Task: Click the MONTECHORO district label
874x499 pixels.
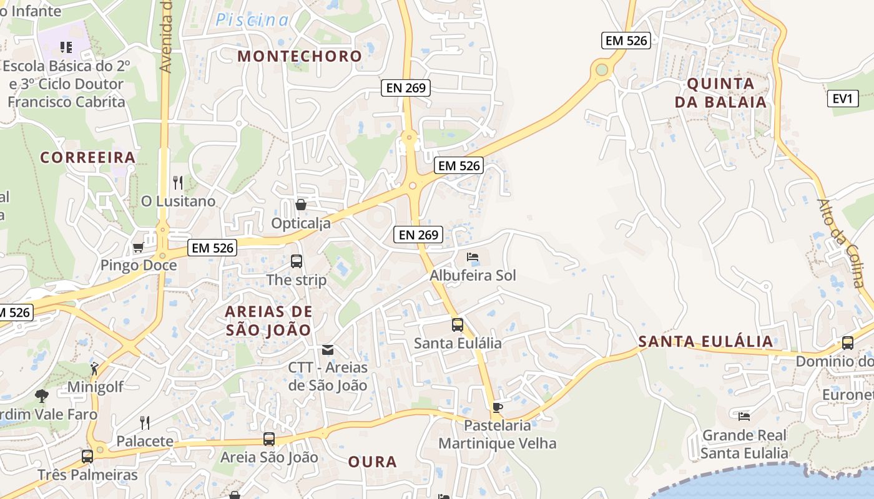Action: point(300,56)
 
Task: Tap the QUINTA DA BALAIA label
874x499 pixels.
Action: point(720,92)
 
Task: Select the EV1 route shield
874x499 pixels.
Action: point(843,99)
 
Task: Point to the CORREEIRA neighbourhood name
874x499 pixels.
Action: point(88,157)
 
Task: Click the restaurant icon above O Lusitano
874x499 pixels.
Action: point(178,182)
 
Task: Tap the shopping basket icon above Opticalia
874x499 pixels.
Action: point(301,204)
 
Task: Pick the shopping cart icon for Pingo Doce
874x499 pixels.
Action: point(138,248)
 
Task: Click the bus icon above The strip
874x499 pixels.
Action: point(297,261)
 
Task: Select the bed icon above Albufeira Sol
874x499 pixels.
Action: point(473,257)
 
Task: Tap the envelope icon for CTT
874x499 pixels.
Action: point(328,349)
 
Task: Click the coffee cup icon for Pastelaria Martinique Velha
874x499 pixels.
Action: point(497,407)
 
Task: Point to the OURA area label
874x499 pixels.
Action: point(372,462)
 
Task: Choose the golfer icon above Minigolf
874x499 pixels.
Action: point(95,368)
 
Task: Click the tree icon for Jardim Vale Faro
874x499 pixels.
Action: point(41,395)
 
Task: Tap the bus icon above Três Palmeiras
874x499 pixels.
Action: point(87,456)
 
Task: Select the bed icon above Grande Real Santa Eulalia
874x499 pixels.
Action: point(744,416)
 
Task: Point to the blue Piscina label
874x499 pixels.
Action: point(252,20)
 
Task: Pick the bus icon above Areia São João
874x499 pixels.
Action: point(268,438)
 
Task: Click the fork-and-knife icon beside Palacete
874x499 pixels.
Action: point(145,423)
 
